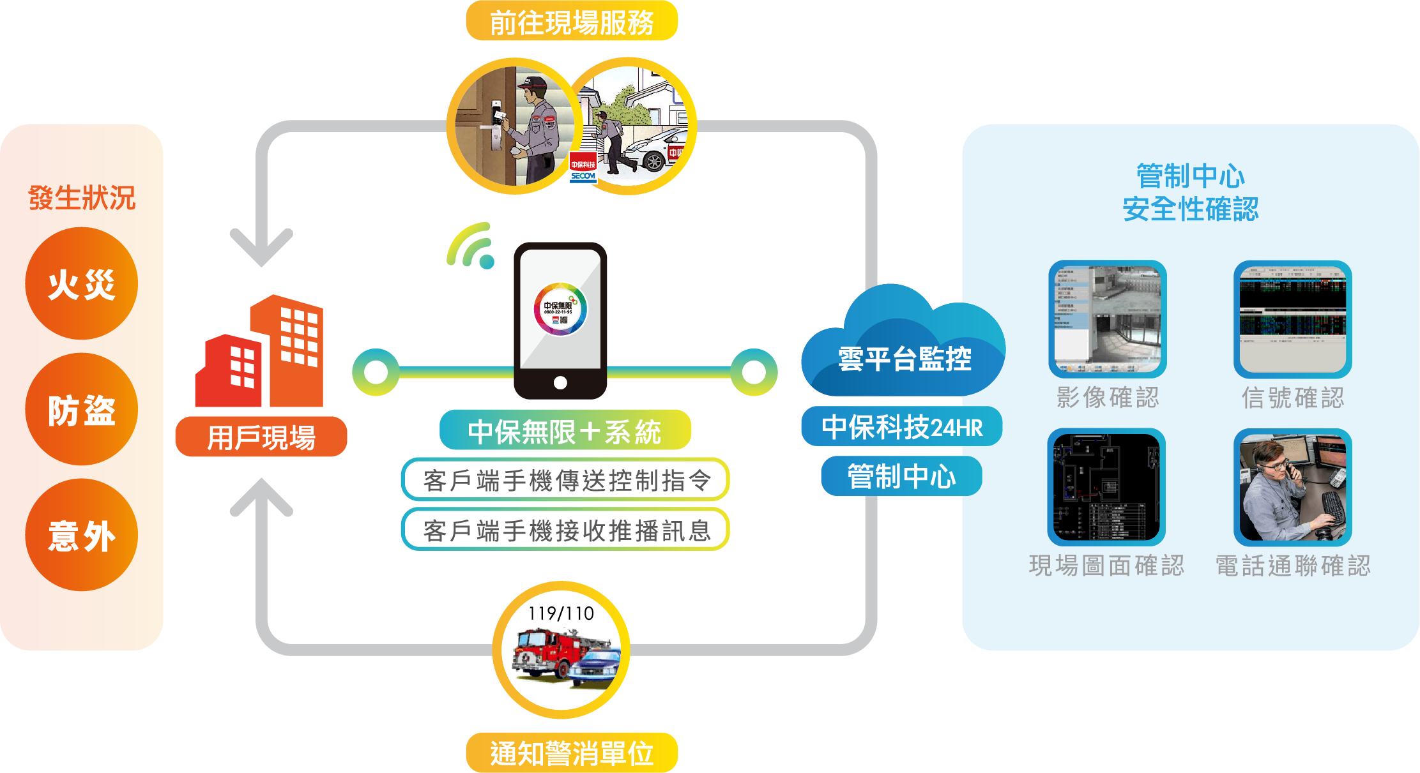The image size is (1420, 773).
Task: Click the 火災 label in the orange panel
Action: coord(82,285)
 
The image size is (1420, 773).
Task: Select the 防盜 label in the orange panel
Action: coord(82,410)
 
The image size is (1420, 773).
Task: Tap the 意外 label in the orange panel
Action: coord(82,536)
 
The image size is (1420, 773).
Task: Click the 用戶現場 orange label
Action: coord(261,437)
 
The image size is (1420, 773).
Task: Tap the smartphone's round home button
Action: coord(560,382)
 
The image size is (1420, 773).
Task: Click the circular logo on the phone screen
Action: coord(560,310)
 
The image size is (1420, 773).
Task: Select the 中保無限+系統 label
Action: coord(565,431)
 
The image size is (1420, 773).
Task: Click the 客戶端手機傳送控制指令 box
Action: coord(565,480)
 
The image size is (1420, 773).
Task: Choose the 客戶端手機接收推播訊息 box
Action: coord(565,530)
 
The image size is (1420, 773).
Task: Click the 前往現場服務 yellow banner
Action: coord(572,22)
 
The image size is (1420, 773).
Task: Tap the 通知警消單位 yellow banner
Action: coord(572,753)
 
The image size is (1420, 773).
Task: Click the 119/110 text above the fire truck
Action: coord(561,613)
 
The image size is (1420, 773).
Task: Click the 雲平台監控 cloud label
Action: coord(904,359)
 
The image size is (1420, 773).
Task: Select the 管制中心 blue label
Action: coord(901,476)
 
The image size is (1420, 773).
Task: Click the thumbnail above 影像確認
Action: coord(1107,319)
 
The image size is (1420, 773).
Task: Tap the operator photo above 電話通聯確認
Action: coord(1292,488)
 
